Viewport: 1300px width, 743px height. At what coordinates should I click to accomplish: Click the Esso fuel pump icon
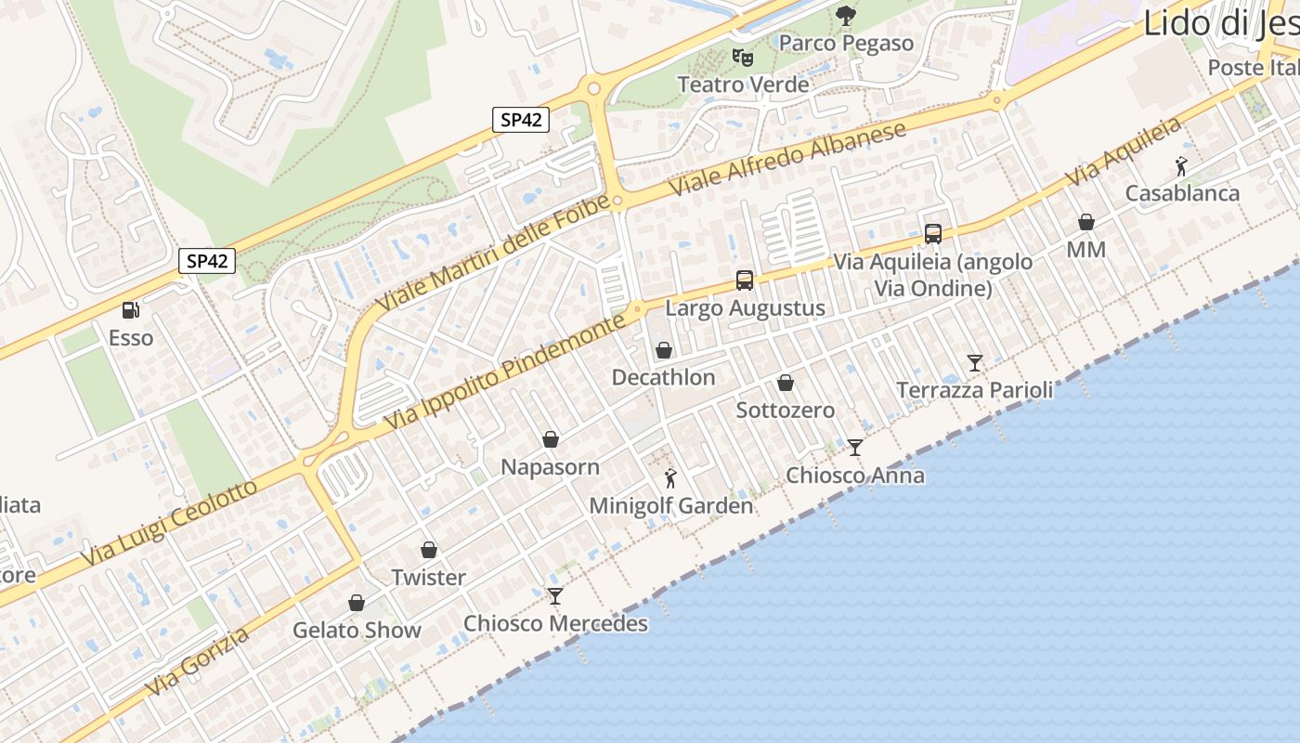coord(130,309)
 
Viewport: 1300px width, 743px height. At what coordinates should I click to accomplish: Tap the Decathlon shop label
coord(663,377)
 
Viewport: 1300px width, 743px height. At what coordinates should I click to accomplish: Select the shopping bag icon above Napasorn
coord(551,438)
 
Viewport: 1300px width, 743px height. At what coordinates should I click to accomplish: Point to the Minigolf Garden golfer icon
coord(670,479)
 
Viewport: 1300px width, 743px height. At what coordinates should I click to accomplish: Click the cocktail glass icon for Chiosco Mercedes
coord(555,595)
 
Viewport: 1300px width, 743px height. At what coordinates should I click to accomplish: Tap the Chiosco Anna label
coord(854,476)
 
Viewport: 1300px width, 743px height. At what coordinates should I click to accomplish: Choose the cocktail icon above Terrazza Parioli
coord(974,362)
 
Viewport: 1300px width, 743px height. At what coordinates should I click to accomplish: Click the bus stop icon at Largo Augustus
coord(744,280)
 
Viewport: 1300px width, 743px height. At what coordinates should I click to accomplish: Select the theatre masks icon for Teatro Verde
coord(742,58)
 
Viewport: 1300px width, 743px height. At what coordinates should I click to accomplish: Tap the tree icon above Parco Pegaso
coord(845,16)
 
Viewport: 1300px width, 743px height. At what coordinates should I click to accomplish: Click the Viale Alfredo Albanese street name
coord(787,159)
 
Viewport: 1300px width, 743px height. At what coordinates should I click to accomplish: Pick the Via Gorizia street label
coord(198,661)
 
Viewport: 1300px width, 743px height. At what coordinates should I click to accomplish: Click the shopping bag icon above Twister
coord(428,550)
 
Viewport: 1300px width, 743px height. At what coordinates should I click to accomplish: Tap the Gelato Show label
coord(357,630)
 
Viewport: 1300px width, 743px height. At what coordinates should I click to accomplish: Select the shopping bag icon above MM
coord(1085,222)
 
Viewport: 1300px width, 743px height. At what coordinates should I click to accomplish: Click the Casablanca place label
coord(1182,193)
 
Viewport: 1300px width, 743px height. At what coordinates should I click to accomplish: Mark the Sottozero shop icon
coord(785,383)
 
